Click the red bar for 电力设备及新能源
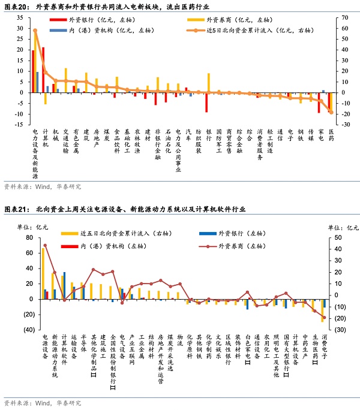click(33, 71)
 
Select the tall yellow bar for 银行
click(209, 83)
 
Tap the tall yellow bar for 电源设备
click(43, 273)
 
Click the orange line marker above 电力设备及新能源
click(35, 30)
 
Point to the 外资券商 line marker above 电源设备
click(45, 245)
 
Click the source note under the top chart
click(42, 186)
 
